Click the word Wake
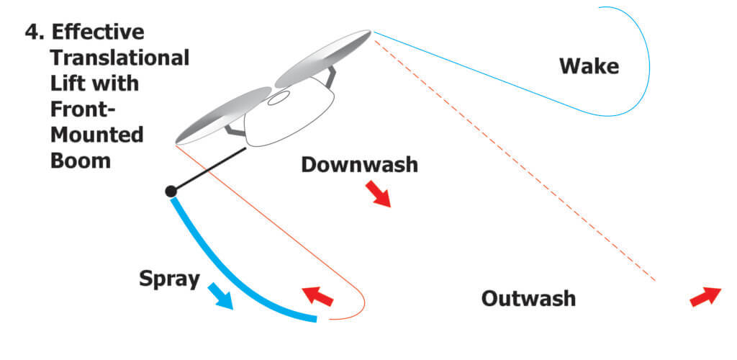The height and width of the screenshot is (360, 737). [589, 66]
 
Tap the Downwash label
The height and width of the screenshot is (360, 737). [359, 164]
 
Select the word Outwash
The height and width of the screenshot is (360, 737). [528, 297]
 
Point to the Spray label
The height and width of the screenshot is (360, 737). [169, 279]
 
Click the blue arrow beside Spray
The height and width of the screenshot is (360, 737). [220, 296]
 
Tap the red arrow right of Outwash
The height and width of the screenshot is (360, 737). [705, 296]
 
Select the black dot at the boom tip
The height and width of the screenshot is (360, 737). [171, 191]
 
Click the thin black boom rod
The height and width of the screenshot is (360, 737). [209, 170]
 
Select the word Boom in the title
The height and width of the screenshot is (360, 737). [80, 160]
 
